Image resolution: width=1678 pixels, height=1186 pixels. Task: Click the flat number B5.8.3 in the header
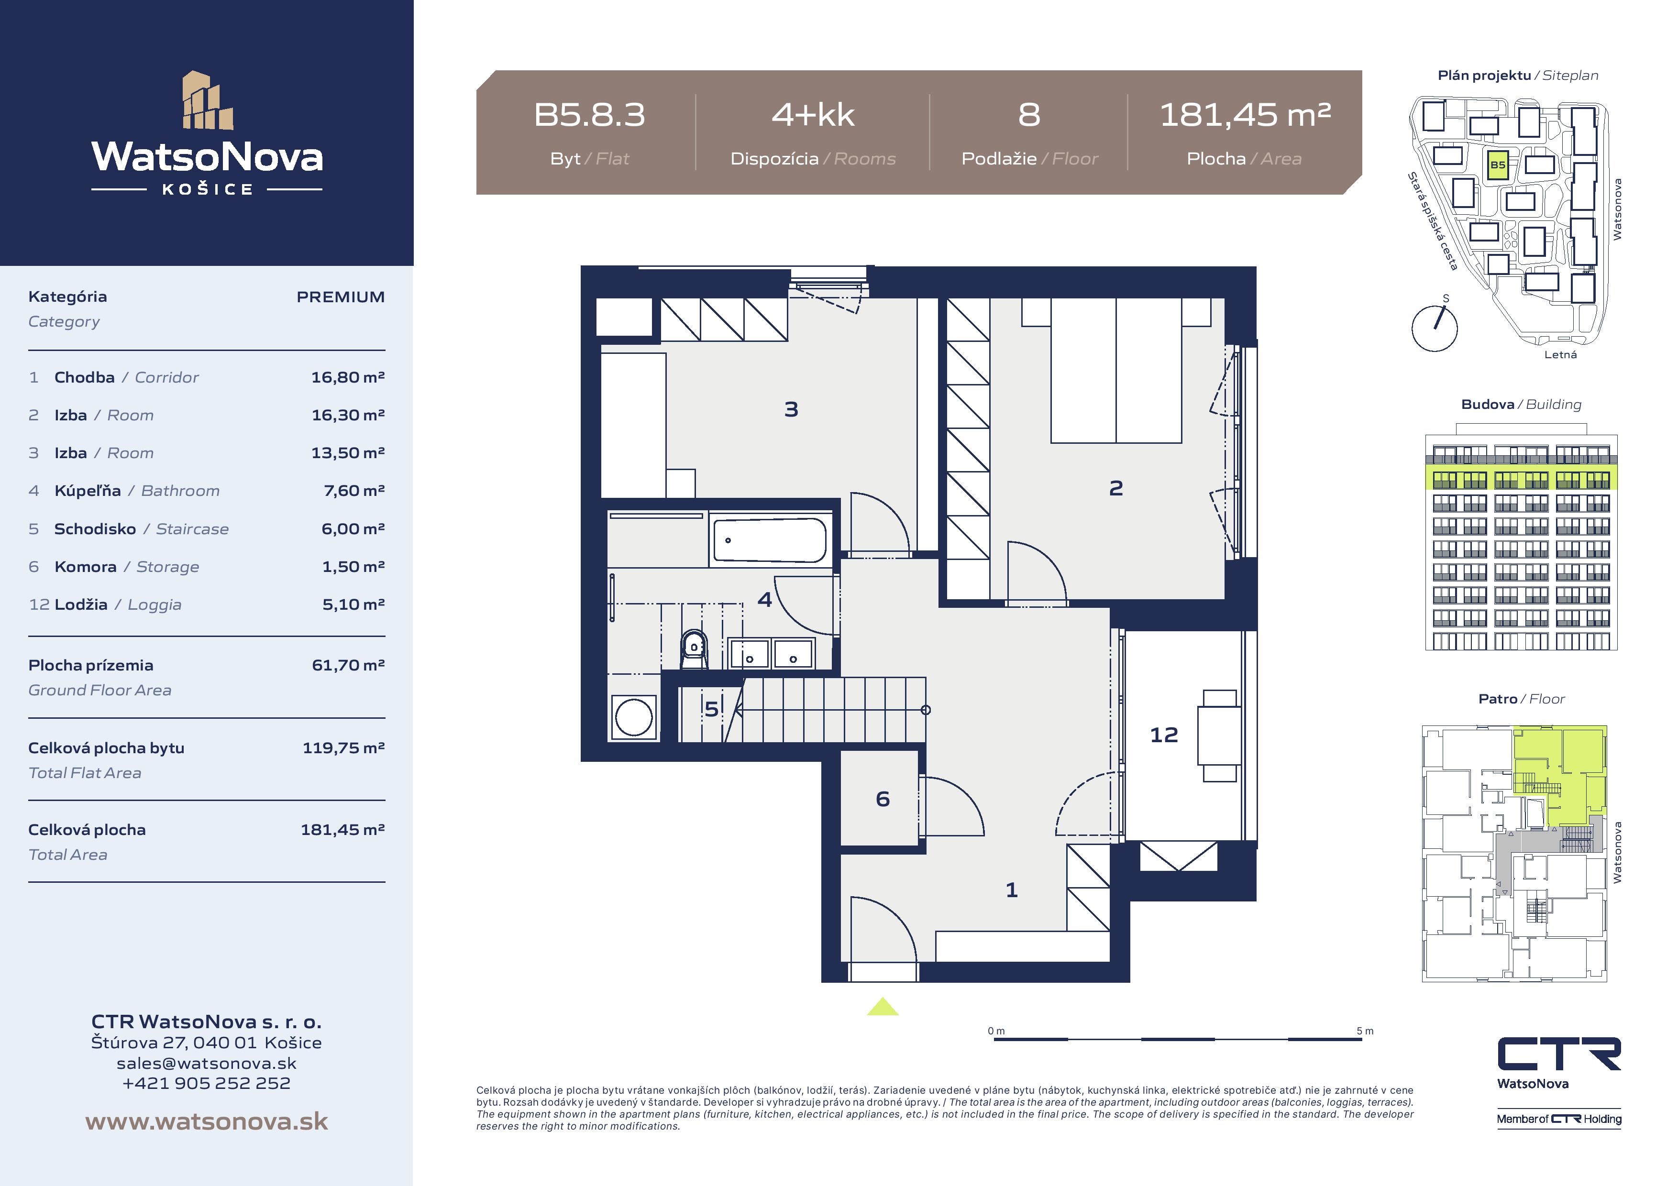click(590, 115)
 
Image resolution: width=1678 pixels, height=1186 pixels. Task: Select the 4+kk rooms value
click(813, 115)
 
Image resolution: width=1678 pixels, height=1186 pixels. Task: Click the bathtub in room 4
click(770, 540)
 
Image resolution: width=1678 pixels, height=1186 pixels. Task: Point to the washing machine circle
click(634, 718)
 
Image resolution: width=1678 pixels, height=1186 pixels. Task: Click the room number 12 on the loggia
click(1164, 735)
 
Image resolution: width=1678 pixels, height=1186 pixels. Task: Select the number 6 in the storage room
click(883, 799)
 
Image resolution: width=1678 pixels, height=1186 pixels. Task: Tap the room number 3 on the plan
click(792, 409)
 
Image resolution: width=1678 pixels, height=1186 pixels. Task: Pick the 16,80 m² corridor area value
click(348, 377)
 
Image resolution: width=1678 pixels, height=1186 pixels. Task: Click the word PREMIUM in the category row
click(341, 296)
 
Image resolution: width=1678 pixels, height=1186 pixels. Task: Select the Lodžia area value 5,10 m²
click(353, 604)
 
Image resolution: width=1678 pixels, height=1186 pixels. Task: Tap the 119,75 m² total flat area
click(343, 747)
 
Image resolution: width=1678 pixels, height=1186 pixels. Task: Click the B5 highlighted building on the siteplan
click(1498, 165)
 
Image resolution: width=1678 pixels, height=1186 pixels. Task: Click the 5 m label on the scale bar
click(1365, 1031)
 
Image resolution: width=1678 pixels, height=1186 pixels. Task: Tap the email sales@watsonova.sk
click(207, 1063)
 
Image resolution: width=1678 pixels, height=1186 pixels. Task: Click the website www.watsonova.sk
click(207, 1122)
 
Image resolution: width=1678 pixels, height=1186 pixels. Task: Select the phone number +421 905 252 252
click(207, 1083)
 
